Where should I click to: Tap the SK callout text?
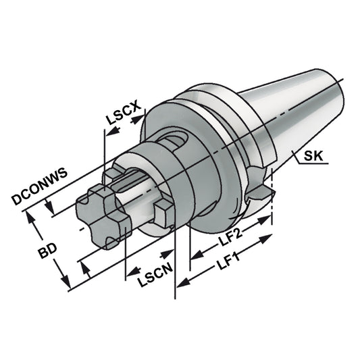313,157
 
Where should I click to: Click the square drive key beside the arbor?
161,215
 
